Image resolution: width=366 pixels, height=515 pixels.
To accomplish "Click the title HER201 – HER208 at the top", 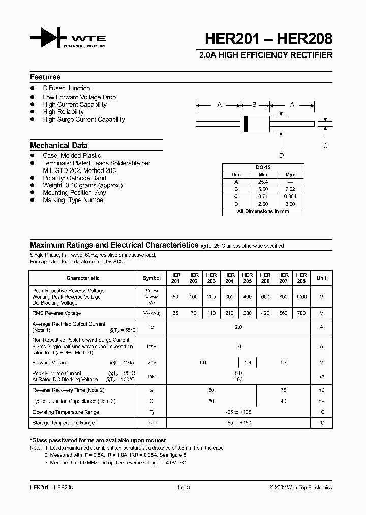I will tap(268, 39).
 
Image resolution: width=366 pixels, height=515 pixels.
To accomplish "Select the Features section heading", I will tap(45, 77).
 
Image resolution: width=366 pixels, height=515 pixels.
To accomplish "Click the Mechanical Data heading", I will tap(58, 145).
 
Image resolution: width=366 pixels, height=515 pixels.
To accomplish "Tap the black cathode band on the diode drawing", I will tap(246, 123).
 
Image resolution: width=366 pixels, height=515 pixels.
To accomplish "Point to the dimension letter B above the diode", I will tap(254, 105).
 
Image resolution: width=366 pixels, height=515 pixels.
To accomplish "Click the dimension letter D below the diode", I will tap(282, 156).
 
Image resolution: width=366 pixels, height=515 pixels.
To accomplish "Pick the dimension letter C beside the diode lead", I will tap(325, 146).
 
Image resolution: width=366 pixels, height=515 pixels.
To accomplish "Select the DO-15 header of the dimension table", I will tap(262, 167).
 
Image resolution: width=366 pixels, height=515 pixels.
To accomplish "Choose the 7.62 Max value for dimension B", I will tap(290, 189).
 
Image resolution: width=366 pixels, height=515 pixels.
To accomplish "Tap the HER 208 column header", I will tap(301, 278).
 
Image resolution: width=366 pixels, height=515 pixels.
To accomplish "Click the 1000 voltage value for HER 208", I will tap(301, 296).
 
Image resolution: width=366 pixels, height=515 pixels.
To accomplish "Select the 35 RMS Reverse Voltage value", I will tap(175, 313).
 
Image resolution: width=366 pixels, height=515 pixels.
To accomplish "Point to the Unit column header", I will tap(321, 278).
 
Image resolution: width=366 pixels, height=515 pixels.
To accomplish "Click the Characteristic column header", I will tap(83, 278).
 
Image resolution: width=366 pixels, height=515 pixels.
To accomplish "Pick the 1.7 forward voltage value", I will tap(283, 363).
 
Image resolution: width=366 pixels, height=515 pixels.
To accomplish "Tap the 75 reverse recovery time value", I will tap(283, 390).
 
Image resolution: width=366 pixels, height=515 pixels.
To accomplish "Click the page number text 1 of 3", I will tap(183, 487).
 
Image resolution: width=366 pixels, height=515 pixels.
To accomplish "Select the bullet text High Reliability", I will tap(63, 112).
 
